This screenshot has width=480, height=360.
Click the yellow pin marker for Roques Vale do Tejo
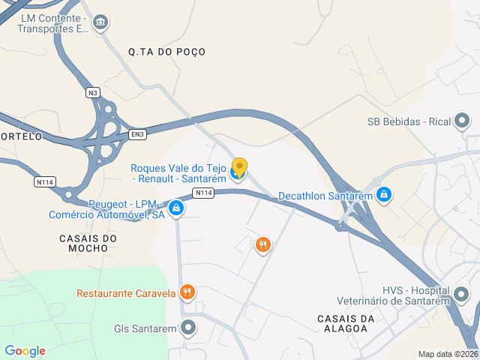pyautogui.click(x=239, y=167)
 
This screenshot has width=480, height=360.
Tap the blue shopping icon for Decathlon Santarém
pyautogui.click(x=384, y=195)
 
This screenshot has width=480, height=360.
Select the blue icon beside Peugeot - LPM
pyautogui.click(x=175, y=208)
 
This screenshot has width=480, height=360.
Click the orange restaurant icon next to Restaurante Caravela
pyautogui.click(x=187, y=292)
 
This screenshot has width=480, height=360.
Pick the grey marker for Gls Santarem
pyautogui.click(x=187, y=328)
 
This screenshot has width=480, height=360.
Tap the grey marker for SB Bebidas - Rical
pyautogui.click(x=463, y=121)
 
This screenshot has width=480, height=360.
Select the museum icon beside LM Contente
pyautogui.click(x=100, y=23)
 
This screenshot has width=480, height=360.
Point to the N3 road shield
pyautogui.click(x=92, y=92)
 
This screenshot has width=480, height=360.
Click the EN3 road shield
pyautogui.click(x=136, y=134)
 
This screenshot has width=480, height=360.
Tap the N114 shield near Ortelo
pyautogui.click(x=45, y=181)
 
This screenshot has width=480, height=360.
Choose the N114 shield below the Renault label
pyautogui.click(x=203, y=193)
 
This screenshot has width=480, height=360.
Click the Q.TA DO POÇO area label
pyautogui.click(x=166, y=52)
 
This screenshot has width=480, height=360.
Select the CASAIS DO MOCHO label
pyautogui.click(x=88, y=244)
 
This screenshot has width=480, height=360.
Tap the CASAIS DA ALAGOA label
pyautogui.click(x=346, y=324)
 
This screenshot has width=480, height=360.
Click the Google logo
pyautogui.click(x=25, y=351)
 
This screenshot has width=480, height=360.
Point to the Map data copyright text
pyautogui.click(x=447, y=354)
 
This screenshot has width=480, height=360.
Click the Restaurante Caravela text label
pyautogui.click(x=126, y=292)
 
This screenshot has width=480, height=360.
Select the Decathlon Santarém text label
pyautogui.click(x=325, y=196)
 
